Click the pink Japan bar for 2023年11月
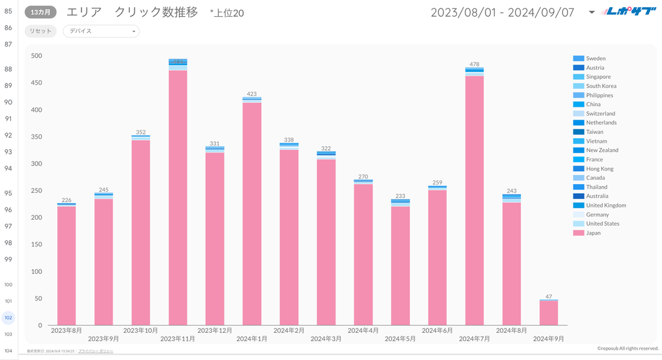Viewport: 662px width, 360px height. pyautogui.click(x=178, y=197)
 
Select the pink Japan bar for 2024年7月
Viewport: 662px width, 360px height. pyautogui.click(x=475, y=200)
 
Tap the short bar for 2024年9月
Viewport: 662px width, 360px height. pyautogui.click(x=549, y=313)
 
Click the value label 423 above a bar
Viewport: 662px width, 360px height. pyautogui.click(x=252, y=94)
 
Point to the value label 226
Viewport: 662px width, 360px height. pyautogui.click(x=67, y=200)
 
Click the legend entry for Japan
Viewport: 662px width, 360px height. pyautogui.click(x=593, y=233)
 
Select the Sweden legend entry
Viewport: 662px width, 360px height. pyautogui.click(x=595, y=58)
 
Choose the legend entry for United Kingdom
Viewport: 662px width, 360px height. pyautogui.click(x=605, y=206)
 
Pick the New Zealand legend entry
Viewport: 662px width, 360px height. pyautogui.click(x=602, y=150)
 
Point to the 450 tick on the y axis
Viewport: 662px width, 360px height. pyautogui.click(x=36, y=83)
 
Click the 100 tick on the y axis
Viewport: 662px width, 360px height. pyautogui.click(x=36, y=271)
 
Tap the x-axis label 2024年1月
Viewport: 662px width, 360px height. pyautogui.click(x=252, y=339)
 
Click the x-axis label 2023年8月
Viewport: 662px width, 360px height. pyautogui.click(x=67, y=330)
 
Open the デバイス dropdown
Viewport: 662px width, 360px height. pyautogui.click(x=101, y=31)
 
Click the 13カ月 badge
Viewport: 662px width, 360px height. pyautogui.click(x=41, y=12)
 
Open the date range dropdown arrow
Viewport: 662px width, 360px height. pyautogui.click(x=592, y=12)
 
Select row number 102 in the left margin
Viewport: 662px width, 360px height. pyautogui.click(x=8, y=317)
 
